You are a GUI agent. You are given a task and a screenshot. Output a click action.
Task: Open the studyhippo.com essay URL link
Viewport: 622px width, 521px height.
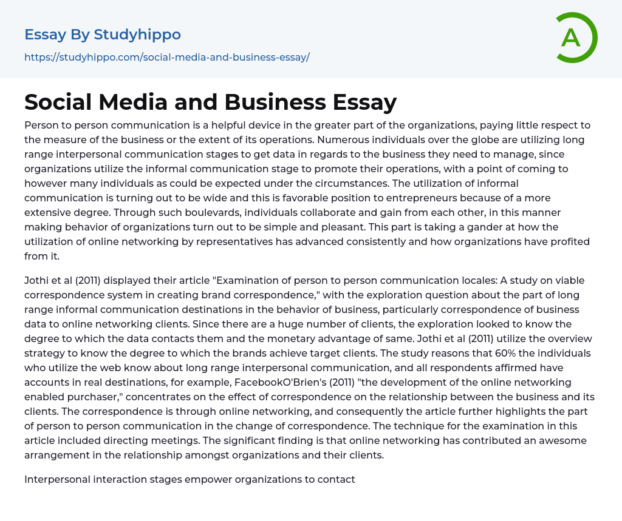[x=167, y=57]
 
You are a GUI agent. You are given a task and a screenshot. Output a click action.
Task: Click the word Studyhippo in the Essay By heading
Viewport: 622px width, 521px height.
[x=137, y=35]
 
